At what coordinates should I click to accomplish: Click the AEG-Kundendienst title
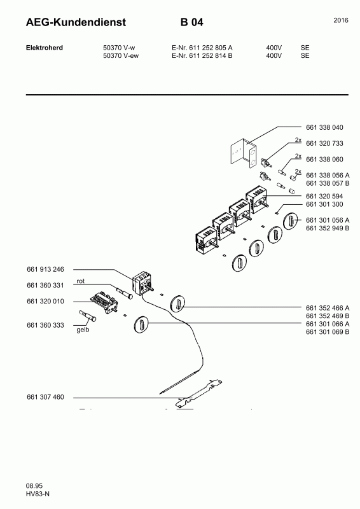[76, 22]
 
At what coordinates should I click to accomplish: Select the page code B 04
[192, 22]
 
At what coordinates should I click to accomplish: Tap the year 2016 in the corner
[341, 20]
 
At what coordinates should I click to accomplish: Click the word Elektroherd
[45, 48]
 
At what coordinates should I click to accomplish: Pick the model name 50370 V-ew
[121, 55]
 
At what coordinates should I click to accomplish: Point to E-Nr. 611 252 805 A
[202, 48]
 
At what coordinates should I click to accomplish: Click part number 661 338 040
[324, 127]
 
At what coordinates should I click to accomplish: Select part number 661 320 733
[324, 143]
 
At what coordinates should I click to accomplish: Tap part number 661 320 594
[324, 196]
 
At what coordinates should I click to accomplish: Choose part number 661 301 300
[324, 204]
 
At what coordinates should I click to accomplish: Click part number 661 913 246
[45, 269]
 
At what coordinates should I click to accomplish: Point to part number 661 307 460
[45, 397]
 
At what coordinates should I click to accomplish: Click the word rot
[81, 281]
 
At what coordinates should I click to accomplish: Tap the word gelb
[83, 330]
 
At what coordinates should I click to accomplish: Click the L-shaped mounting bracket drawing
[244, 153]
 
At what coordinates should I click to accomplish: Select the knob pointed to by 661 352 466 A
[177, 304]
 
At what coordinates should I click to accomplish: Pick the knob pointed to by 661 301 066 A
[141, 324]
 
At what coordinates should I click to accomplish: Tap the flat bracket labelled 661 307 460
[198, 393]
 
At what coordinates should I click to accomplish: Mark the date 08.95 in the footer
[34, 486]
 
